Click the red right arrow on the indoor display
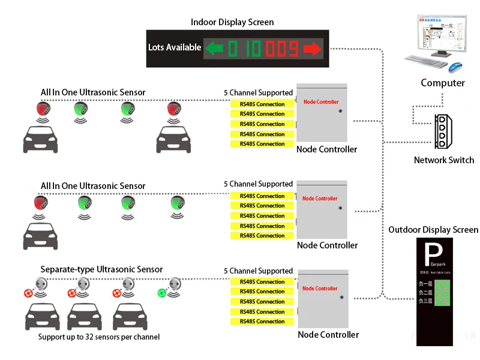[312, 48]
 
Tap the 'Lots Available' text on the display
[175, 47]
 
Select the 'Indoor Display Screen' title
[232, 22]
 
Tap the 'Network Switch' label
[444, 160]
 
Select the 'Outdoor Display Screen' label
[433, 230]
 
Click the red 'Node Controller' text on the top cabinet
[321, 102]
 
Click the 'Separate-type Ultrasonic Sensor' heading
[101, 269]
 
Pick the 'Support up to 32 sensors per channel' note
[99, 337]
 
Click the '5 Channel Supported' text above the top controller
[258, 93]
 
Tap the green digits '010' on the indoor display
[244, 48]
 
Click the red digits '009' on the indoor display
[281, 48]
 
